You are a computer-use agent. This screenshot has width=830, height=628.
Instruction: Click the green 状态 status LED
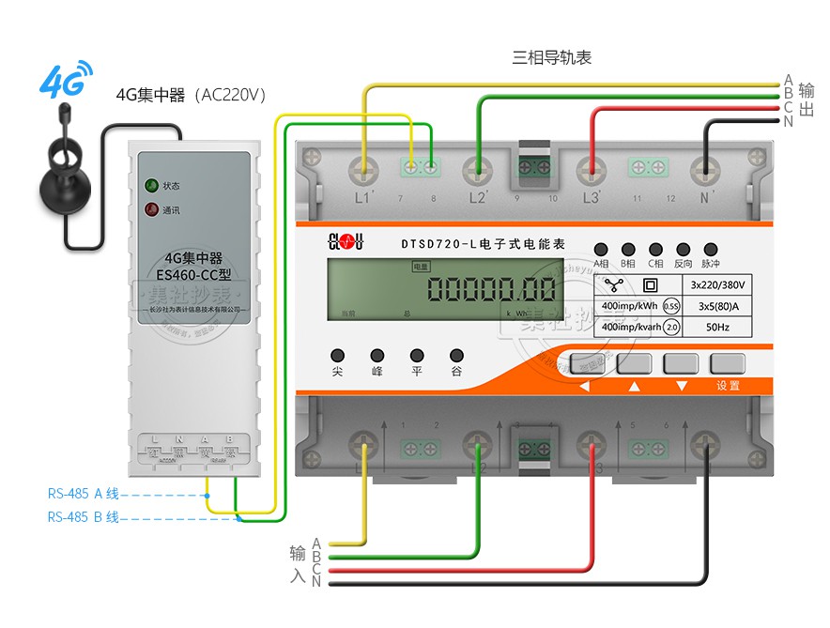coord(149,185)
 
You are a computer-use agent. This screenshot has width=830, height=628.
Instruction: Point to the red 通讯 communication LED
coord(149,209)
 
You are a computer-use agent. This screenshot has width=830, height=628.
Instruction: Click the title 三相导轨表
coord(551,58)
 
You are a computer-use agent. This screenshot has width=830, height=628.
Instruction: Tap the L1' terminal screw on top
coord(362,169)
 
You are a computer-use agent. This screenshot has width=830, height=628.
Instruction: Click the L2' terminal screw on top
coord(479,169)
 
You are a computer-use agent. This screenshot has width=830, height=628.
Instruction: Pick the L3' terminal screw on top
coord(592,169)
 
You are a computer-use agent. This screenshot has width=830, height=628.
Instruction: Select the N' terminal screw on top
coord(704,169)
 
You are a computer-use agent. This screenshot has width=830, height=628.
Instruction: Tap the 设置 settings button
coord(728,365)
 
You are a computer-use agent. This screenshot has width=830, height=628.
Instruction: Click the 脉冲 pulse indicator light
coord(711,249)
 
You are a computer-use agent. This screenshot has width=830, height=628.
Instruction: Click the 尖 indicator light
coord(337,356)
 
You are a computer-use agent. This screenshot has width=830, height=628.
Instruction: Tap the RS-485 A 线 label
coord(84,493)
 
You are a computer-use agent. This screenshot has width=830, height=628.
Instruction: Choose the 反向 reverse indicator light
coord(683,249)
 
